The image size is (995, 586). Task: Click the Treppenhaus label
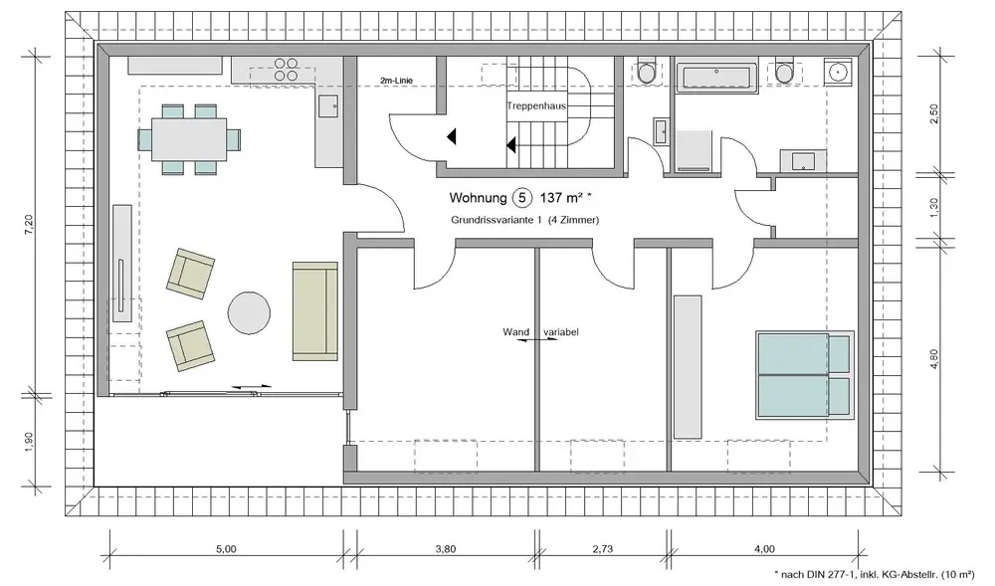point(536,106)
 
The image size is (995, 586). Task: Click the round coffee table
point(250,312)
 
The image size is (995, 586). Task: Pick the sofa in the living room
point(314,310)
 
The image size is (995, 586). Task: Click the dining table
point(190,139)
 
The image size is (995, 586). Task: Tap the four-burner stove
point(286,69)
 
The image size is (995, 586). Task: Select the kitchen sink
point(328,105)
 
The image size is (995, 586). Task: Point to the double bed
point(804,375)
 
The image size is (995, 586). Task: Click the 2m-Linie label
point(396,81)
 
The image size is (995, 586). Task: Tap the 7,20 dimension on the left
point(28,226)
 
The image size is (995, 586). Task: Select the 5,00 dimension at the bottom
point(227,549)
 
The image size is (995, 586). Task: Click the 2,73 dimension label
point(603,549)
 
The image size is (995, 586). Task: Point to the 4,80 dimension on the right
point(933,359)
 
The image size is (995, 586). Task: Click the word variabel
point(561,331)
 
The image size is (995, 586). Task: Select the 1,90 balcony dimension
point(28,442)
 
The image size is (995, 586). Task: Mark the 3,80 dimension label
point(446,549)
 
